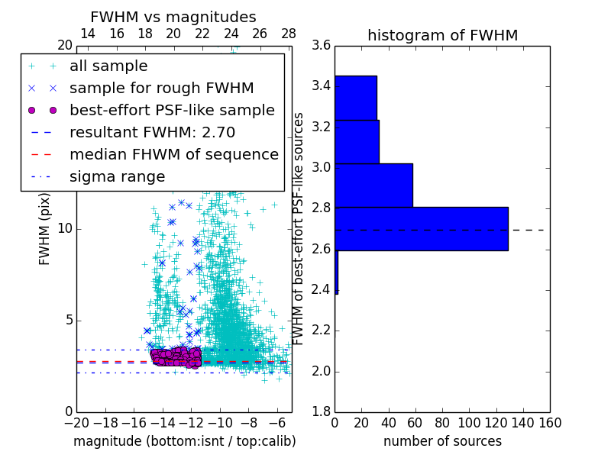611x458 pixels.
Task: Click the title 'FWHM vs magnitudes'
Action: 173,17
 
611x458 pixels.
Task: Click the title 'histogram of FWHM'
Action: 442,35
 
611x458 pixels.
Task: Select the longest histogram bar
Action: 421,228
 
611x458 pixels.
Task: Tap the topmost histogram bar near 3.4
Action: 355,97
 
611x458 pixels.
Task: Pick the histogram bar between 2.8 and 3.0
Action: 373,185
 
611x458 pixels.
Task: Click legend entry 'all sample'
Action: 108,66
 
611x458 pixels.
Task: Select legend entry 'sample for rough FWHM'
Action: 161,88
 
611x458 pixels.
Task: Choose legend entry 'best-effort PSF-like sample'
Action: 172,110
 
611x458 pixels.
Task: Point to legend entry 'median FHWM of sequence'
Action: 173,154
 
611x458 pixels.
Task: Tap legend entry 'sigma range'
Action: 117,176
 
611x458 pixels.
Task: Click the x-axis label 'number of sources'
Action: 442,441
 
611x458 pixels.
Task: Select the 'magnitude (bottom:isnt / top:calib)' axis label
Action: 184,441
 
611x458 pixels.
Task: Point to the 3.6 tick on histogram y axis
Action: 320,45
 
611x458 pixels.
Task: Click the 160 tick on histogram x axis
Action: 549,422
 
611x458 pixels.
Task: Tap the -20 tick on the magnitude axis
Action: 76,422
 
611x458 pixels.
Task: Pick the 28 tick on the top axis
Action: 289,34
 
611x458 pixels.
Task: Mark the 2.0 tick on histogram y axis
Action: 320,371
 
